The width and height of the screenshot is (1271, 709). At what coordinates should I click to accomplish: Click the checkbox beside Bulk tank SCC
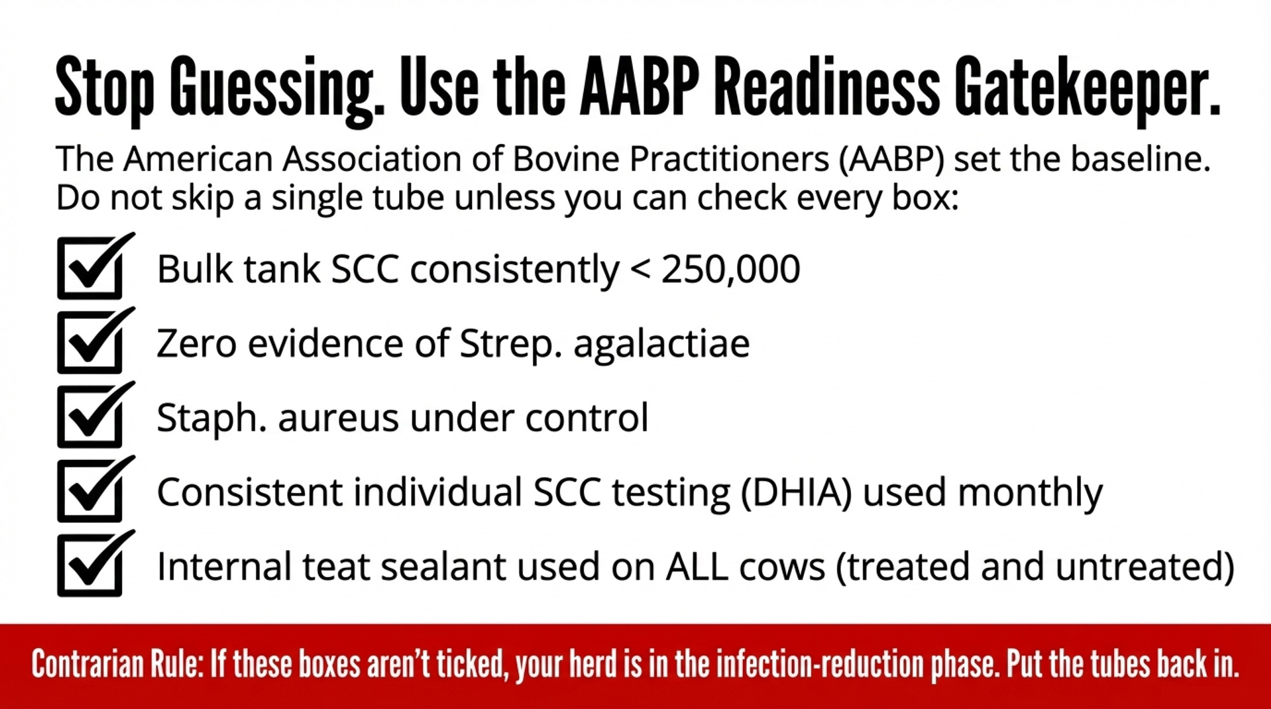pyautogui.click(x=90, y=268)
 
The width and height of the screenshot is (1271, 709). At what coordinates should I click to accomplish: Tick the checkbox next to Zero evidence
pyautogui.click(x=90, y=342)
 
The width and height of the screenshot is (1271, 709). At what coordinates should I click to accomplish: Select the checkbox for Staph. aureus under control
pyautogui.click(x=90, y=417)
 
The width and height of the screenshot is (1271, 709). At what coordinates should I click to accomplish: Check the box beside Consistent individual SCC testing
pyautogui.click(x=90, y=491)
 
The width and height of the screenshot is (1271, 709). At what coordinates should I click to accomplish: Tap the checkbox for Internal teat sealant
pyautogui.click(x=90, y=565)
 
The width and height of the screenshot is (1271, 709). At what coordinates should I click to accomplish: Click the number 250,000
pyautogui.click(x=731, y=269)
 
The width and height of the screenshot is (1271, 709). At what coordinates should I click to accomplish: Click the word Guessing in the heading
pyautogui.click(x=278, y=90)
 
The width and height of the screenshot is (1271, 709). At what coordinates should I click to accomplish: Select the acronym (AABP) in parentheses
pyautogui.click(x=892, y=159)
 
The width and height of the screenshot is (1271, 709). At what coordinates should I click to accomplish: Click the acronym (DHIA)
pyautogui.click(x=796, y=494)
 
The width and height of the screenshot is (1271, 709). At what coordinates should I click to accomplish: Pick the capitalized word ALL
pyautogui.click(x=697, y=567)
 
